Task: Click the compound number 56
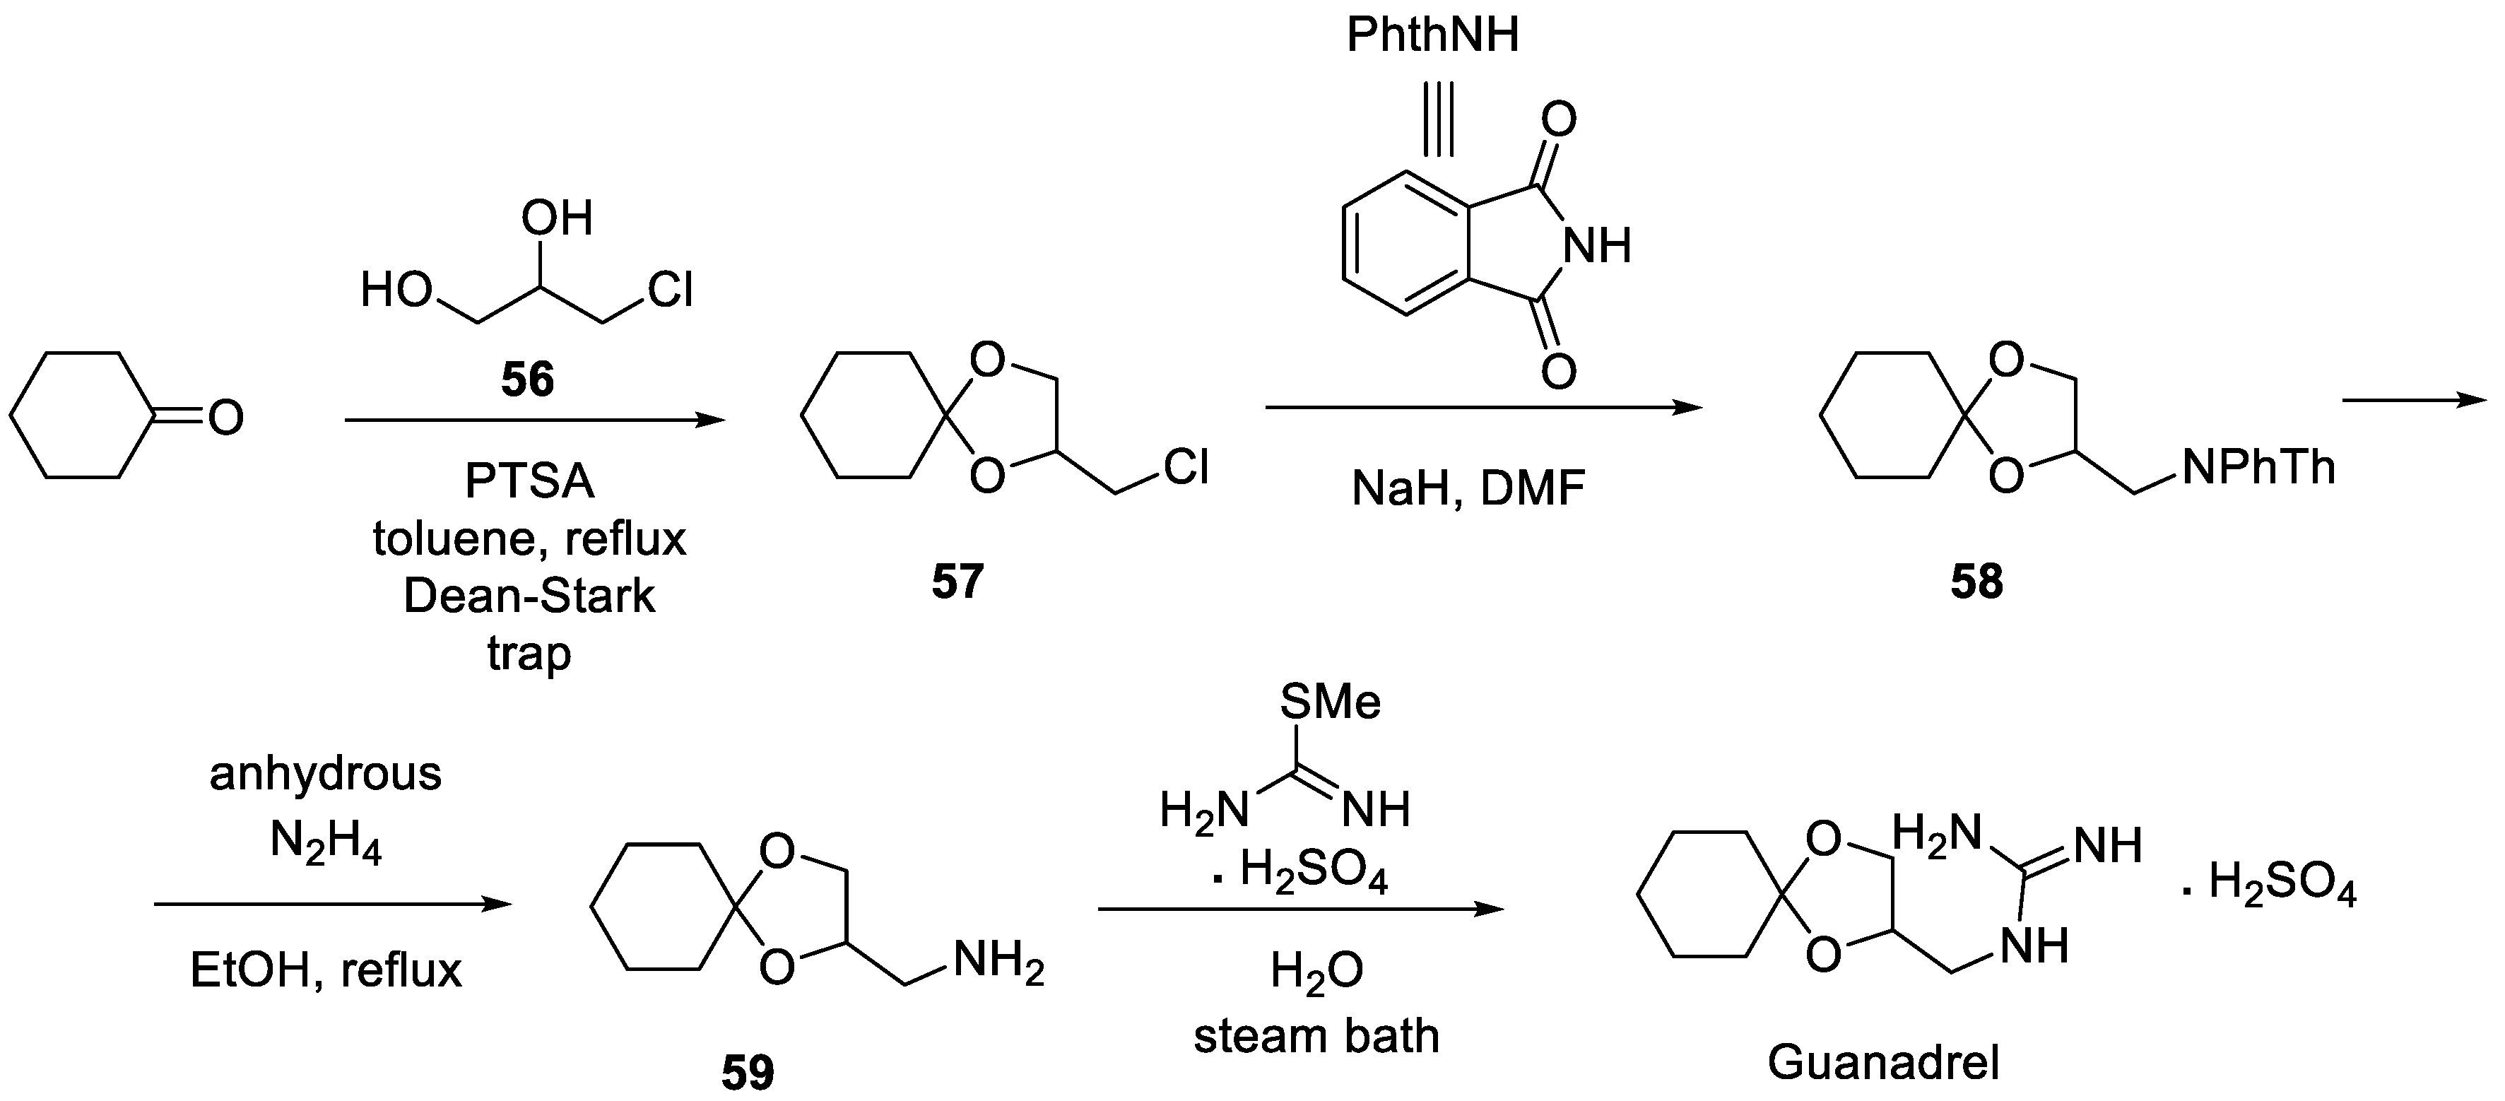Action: click(527, 379)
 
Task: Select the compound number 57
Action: click(958, 582)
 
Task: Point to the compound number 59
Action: click(748, 1073)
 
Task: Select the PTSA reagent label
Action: click(529, 481)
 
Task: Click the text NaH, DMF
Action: click(1468, 488)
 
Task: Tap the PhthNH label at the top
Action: click(1432, 35)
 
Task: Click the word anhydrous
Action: click(326, 775)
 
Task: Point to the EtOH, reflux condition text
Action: click(326, 971)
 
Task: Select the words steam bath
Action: click(1316, 1036)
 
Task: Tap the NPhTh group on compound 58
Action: click(2258, 468)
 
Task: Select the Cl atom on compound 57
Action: click(1186, 468)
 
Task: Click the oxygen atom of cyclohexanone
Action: click(225, 418)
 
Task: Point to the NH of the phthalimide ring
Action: click(1596, 245)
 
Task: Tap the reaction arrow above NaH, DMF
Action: click(1483, 408)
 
